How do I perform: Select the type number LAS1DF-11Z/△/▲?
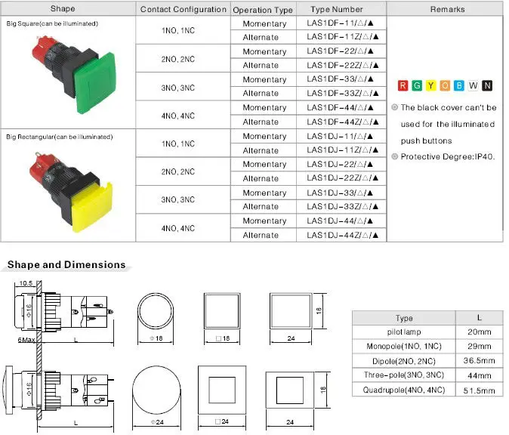pyautogui.click(x=341, y=38)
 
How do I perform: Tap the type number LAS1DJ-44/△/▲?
pyautogui.click(x=341, y=221)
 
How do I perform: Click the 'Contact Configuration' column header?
pyautogui.click(x=183, y=10)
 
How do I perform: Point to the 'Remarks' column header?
pyautogui.click(x=447, y=10)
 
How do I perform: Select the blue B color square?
pyautogui.click(x=458, y=85)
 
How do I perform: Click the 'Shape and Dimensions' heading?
pyautogui.click(x=66, y=265)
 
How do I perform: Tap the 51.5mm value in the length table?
pyautogui.click(x=479, y=390)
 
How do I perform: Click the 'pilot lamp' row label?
pyautogui.click(x=404, y=332)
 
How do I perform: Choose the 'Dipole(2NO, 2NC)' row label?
pyautogui.click(x=404, y=362)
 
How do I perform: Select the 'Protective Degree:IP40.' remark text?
pyautogui.click(x=447, y=157)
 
